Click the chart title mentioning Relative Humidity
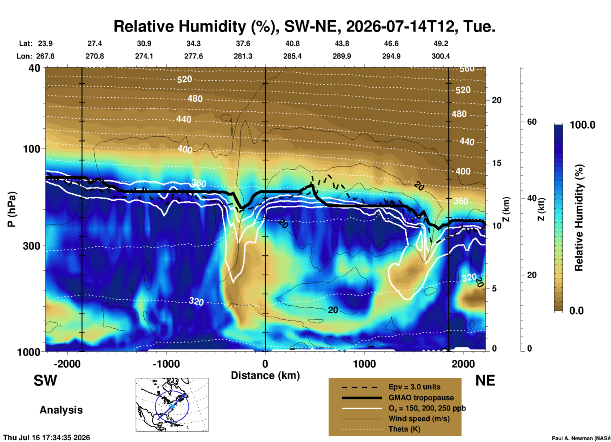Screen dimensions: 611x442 pos(304,26)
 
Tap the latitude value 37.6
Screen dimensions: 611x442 pos(243,43)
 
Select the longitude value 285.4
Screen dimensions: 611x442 pos(292,56)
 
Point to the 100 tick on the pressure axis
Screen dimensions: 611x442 pos(32,148)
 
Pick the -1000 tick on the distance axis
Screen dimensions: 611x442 pos(166,364)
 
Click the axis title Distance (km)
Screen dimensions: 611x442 pos(265,375)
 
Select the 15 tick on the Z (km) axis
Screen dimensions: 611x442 pos(496,163)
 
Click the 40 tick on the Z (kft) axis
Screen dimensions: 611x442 pos(532,198)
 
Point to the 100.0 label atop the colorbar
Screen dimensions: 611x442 pos(582,125)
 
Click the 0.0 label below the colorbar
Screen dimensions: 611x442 pos(576,311)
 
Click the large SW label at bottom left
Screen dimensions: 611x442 pos(45,380)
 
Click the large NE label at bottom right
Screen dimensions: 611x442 pos(485,380)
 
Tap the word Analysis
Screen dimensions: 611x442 pos(61,410)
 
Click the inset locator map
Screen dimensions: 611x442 pos(172,405)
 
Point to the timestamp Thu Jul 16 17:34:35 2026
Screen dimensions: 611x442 pos(47,438)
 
